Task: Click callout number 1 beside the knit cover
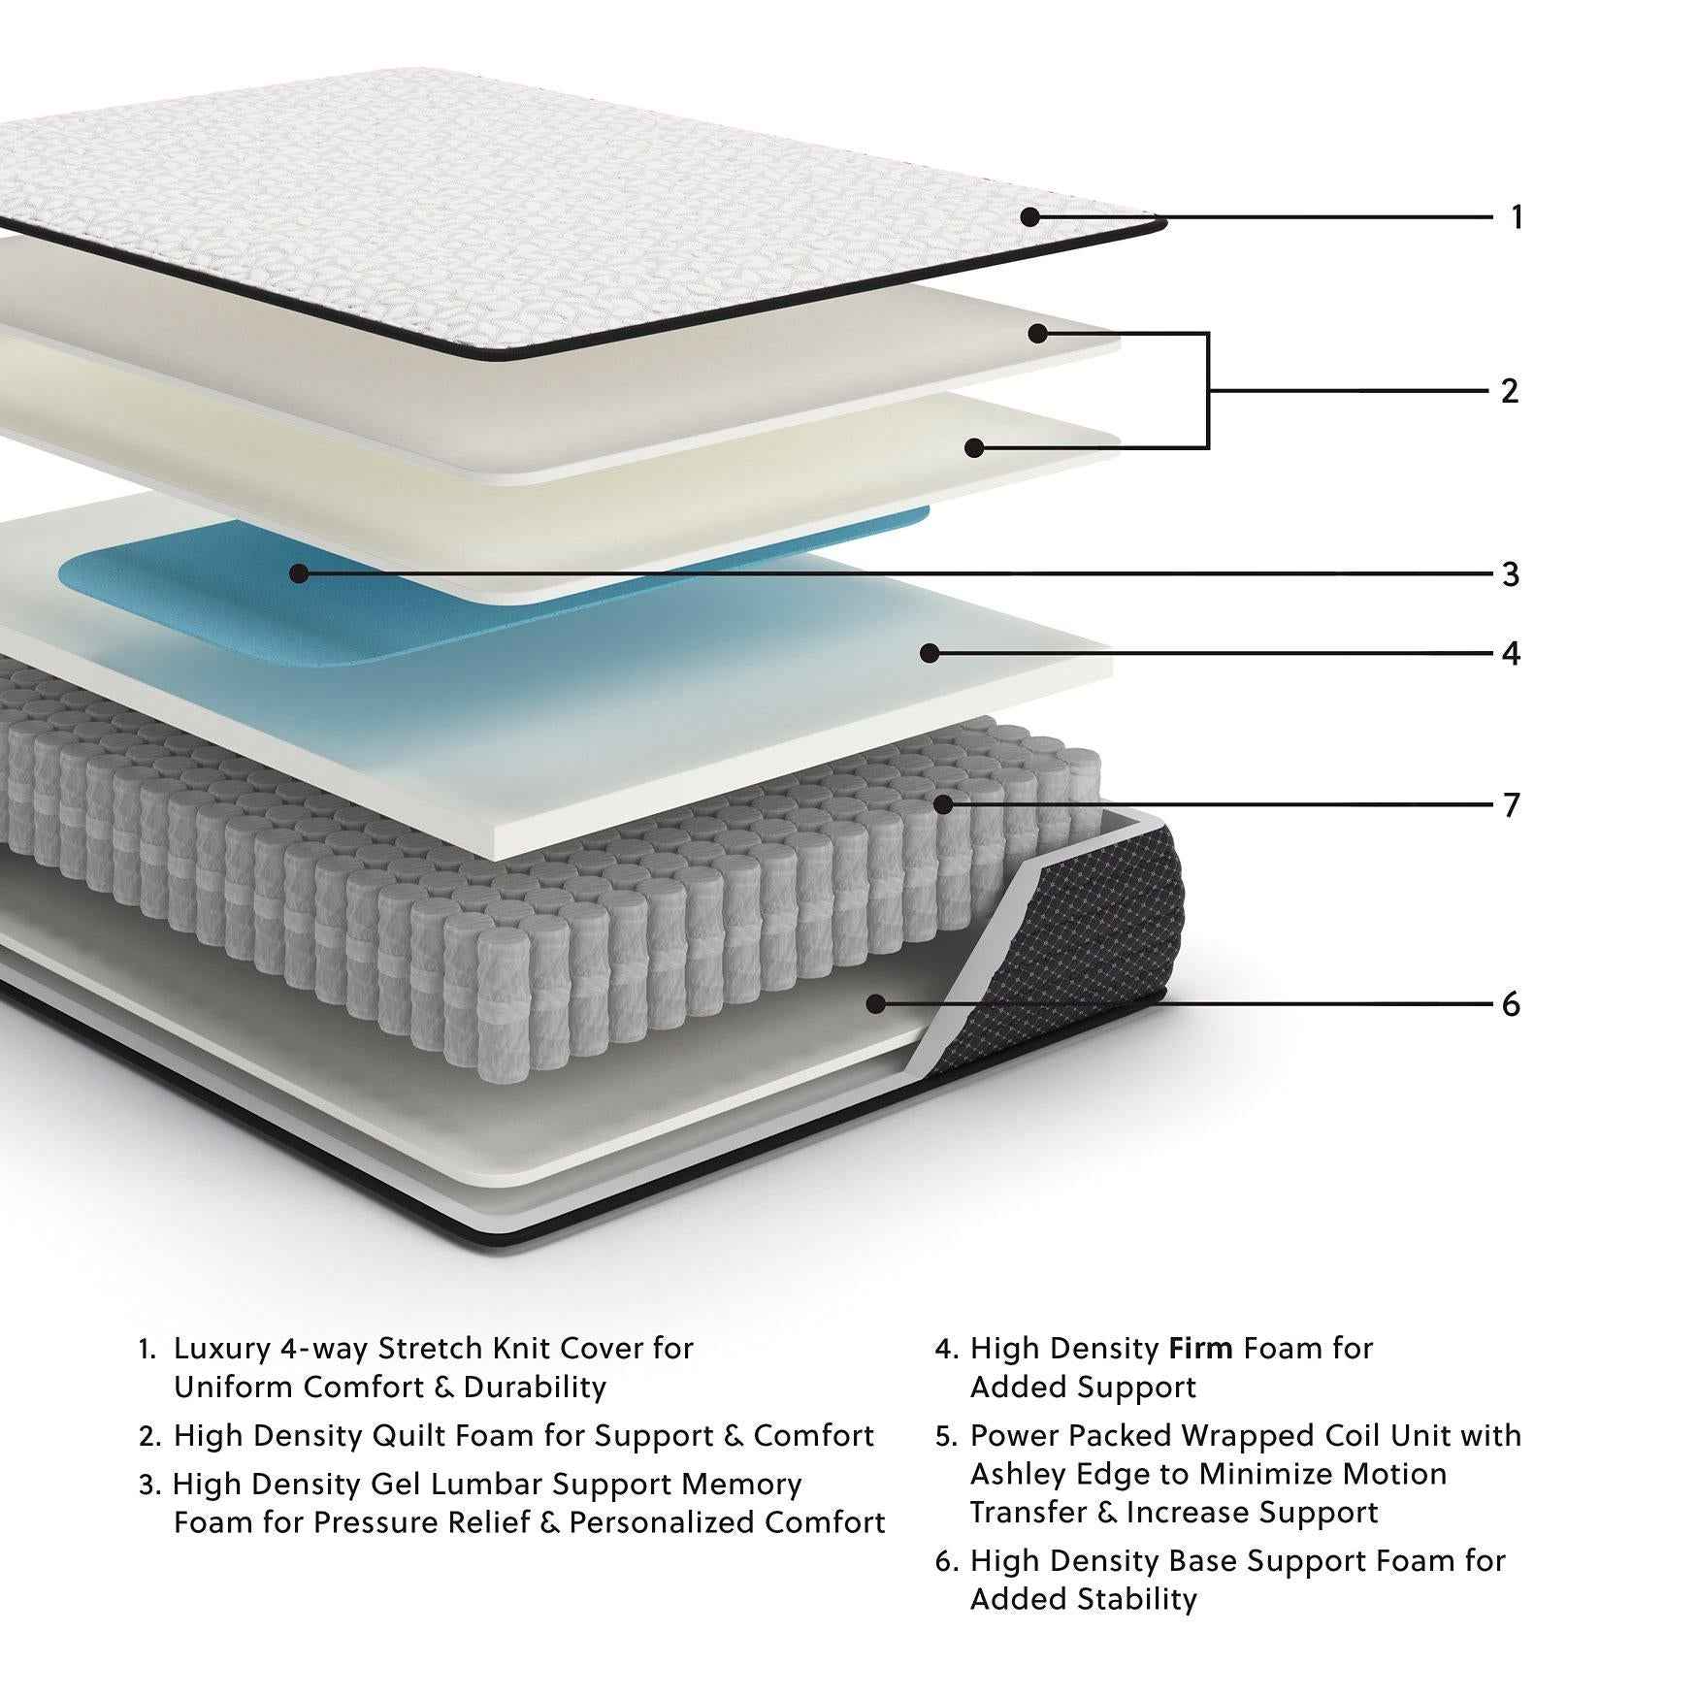(x=1517, y=217)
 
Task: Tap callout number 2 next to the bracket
(x=1509, y=391)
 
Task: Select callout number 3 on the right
(x=1510, y=574)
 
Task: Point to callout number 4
(x=1510, y=653)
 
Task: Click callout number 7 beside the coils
(x=1510, y=805)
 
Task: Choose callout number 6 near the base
(x=1510, y=1004)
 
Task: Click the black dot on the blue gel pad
(x=299, y=573)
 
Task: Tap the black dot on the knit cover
(x=1030, y=217)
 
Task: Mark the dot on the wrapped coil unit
(x=942, y=804)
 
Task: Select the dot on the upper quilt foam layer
(x=1037, y=334)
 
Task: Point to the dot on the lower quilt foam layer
(x=975, y=447)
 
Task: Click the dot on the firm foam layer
(x=930, y=653)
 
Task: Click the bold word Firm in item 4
(x=1200, y=1348)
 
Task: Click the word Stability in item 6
(x=1134, y=1598)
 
